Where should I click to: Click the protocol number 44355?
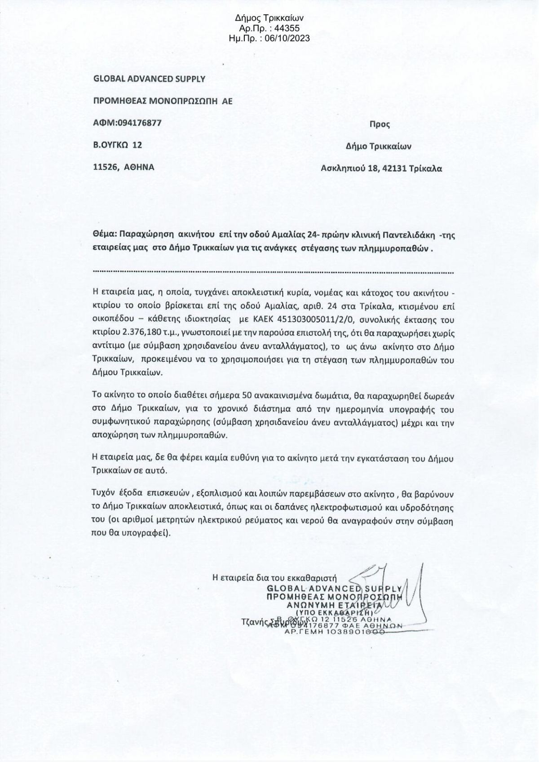pos(283,28)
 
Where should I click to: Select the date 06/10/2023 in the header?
pos(287,39)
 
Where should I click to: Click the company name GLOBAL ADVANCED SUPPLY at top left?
pos(149,79)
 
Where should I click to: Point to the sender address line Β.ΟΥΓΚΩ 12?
pos(117,145)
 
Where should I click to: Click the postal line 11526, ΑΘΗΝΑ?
pos(124,167)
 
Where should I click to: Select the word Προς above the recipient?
pos(379,124)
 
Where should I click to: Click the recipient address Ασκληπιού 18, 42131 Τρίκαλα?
pos(381,168)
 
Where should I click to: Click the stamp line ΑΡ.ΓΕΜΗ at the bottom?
pos(335,632)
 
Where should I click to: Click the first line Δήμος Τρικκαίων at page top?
pos(269,18)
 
